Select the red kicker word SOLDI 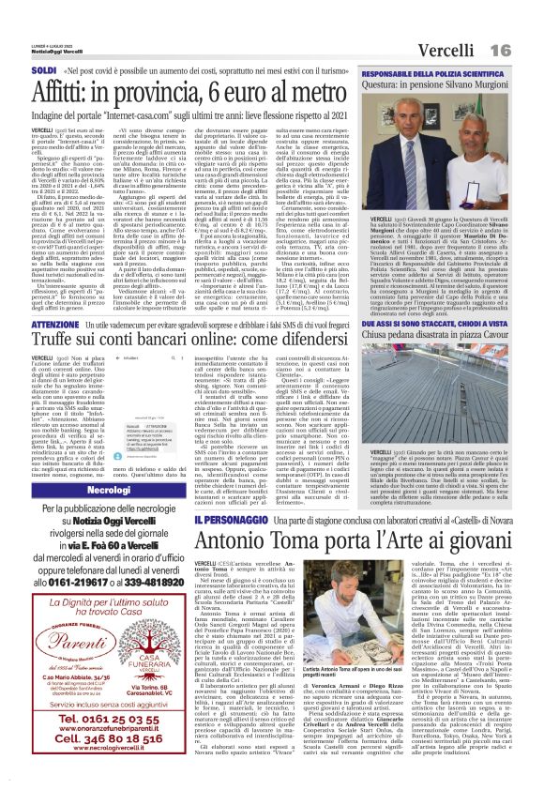pos(44,70)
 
